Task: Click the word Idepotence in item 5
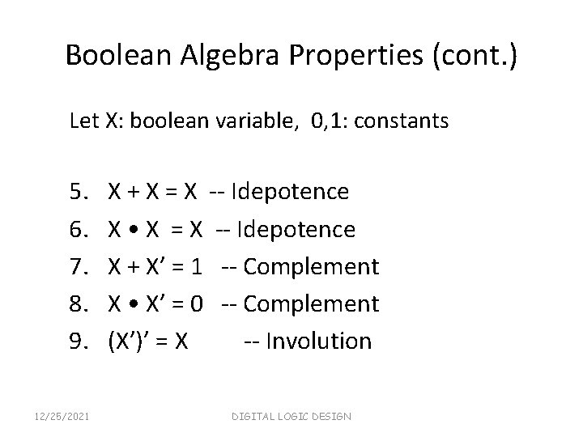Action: click(x=290, y=192)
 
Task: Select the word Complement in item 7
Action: click(x=311, y=266)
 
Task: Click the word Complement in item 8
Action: click(x=311, y=303)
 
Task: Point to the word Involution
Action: click(x=318, y=341)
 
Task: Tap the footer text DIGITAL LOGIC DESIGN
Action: click(x=291, y=416)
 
